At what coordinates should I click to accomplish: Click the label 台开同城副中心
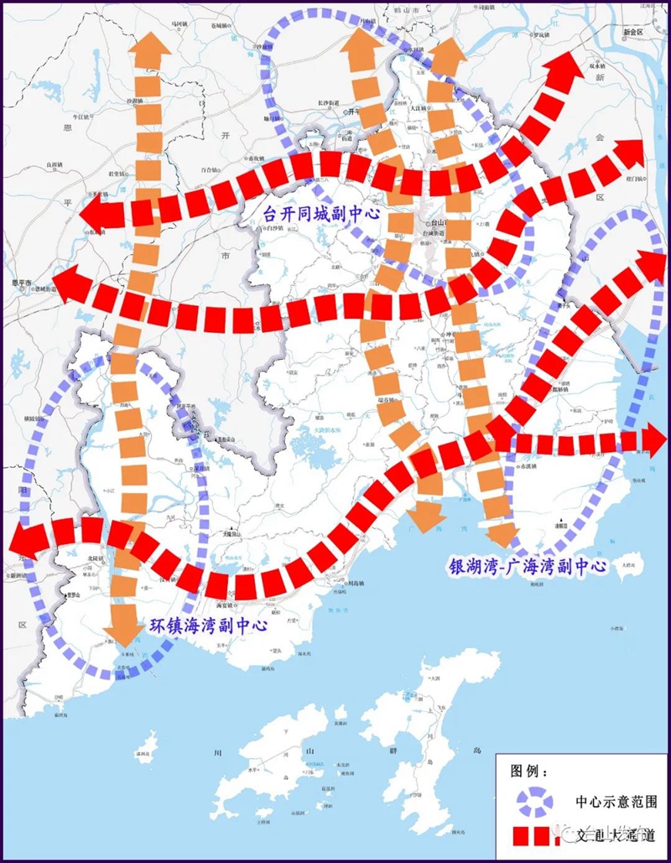click(x=321, y=214)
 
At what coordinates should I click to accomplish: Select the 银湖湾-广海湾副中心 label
click(x=526, y=566)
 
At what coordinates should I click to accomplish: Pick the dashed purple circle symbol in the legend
click(x=533, y=802)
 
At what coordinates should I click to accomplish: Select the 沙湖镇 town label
click(x=135, y=101)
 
